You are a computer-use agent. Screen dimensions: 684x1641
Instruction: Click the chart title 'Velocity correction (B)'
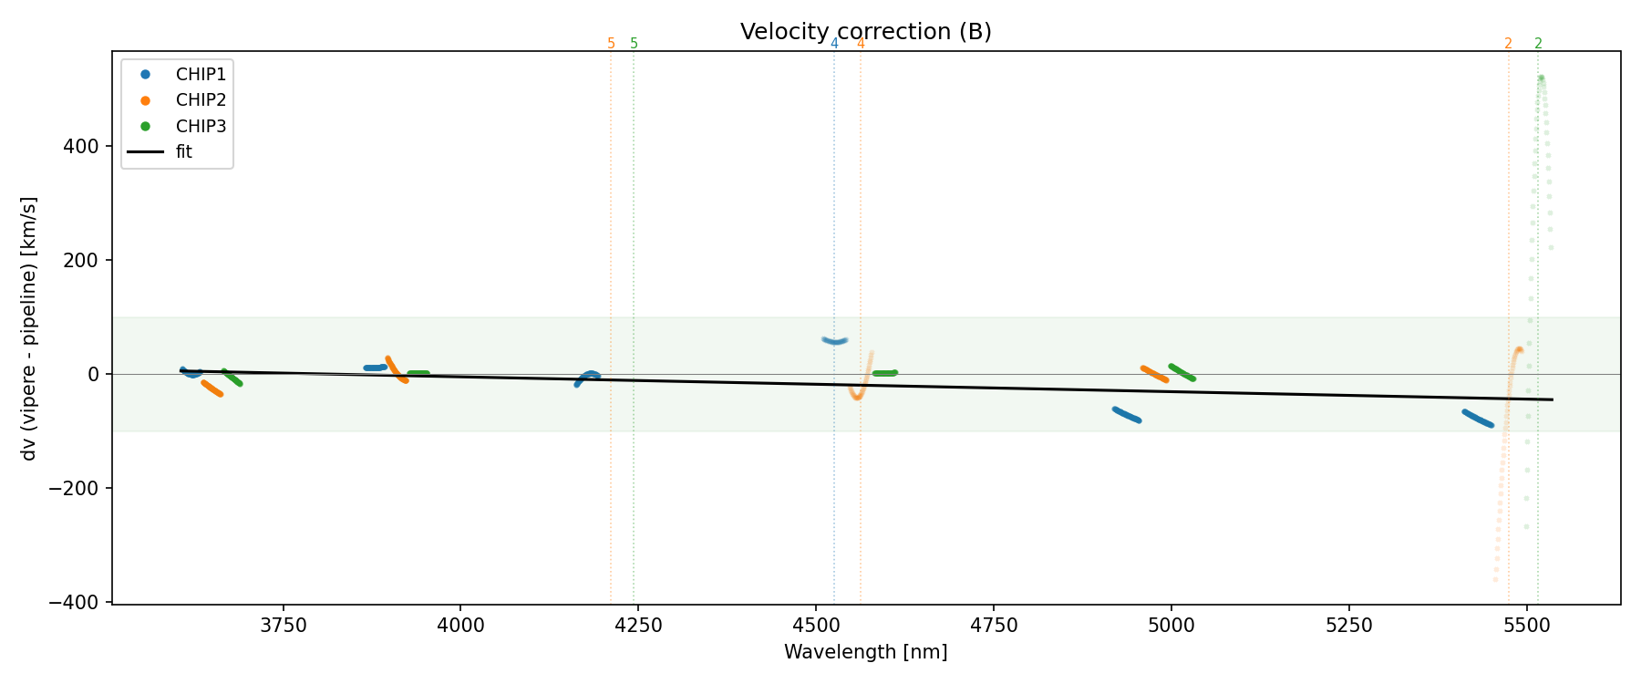pyautogui.click(x=865, y=32)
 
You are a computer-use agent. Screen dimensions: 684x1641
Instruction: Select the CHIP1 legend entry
pyautogui.click(x=201, y=75)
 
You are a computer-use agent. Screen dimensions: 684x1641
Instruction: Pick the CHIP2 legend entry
pyautogui.click(x=201, y=100)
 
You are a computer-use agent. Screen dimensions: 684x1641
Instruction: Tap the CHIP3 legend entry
pyautogui.click(x=201, y=126)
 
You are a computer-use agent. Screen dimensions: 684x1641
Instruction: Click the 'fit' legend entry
pyautogui.click(x=184, y=152)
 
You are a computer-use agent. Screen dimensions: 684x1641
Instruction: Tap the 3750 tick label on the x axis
pyautogui.click(x=284, y=626)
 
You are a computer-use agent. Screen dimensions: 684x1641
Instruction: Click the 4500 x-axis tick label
pyautogui.click(x=816, y=626)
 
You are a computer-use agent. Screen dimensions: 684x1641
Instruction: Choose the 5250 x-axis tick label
pyautogui.click(x=1348, y=626)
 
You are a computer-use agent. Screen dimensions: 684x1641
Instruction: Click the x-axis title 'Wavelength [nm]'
pyautogui.click(x=865, y=652)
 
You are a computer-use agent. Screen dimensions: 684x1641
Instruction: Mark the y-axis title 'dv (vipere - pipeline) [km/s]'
pyautogui.click(x=29, y=328)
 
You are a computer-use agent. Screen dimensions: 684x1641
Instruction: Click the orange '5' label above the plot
pyautogui.click(x=611, y=44)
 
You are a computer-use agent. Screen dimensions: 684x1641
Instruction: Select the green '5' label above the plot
pyautogui.click(x=635, y=44)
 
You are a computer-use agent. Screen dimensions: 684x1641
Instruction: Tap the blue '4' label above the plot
pyautogui.click(x=834, y=44)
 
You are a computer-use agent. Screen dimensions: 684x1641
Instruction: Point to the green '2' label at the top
pyautogui.click(x=1539, y=44)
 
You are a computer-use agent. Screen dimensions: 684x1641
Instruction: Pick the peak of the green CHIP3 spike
pyautogui.click(x=1541, y=78)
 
